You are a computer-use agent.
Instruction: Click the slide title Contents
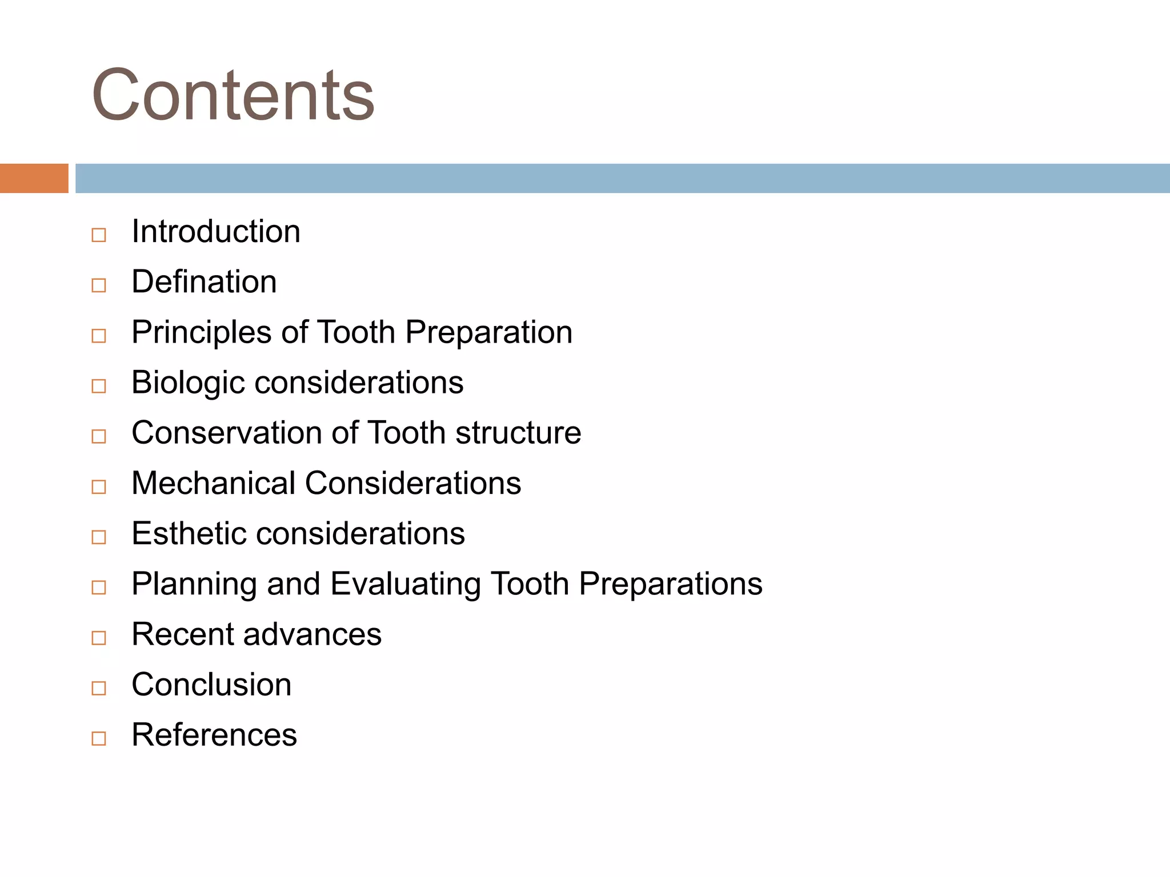233,95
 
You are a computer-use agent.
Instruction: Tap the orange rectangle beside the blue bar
34,178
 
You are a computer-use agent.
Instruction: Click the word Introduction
216,231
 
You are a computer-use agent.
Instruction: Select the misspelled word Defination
204,281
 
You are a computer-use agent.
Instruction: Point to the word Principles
201,332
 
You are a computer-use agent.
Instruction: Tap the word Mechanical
213,483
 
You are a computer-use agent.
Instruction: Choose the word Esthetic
189,533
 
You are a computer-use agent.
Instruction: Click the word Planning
194,584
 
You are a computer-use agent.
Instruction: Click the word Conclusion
211,685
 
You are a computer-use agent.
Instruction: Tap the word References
214,735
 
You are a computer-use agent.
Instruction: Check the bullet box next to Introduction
99,235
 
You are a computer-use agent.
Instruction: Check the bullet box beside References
99,738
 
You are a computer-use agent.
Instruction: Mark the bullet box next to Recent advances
99,638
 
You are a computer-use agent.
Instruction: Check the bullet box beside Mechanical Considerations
99,487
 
